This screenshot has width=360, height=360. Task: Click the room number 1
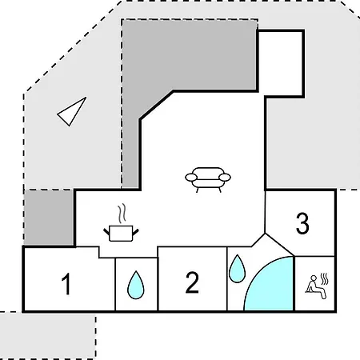(x=66, y=284)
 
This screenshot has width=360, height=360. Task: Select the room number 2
(x=192, y=282)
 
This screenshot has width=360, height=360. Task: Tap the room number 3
(x=302, y=223)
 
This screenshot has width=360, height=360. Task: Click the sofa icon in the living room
(x=208, y=180)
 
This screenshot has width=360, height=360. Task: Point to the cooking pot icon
(x=121, y=233)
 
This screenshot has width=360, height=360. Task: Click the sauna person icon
(x=316, y=287)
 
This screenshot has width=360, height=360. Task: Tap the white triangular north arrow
(x=72, y=111)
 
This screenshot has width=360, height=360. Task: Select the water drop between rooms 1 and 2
(x=136, y=285)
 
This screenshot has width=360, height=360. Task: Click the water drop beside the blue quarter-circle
(x=237, y=269)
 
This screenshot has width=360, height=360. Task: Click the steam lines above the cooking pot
(x=122, y=214)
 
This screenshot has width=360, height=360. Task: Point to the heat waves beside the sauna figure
(x=324, y=279)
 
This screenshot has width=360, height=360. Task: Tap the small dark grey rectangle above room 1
(x=49, y=218)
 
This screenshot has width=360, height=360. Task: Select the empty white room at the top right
(x=281, y=63)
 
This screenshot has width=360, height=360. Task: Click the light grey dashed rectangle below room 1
(x=48, y=335)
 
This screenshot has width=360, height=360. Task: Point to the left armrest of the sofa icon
(x=191, y=177)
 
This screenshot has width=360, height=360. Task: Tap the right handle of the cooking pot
(x=136, y=232)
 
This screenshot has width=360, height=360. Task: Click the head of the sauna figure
(x=314, y=278)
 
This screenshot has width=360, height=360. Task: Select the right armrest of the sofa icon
(x=225, y=177)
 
